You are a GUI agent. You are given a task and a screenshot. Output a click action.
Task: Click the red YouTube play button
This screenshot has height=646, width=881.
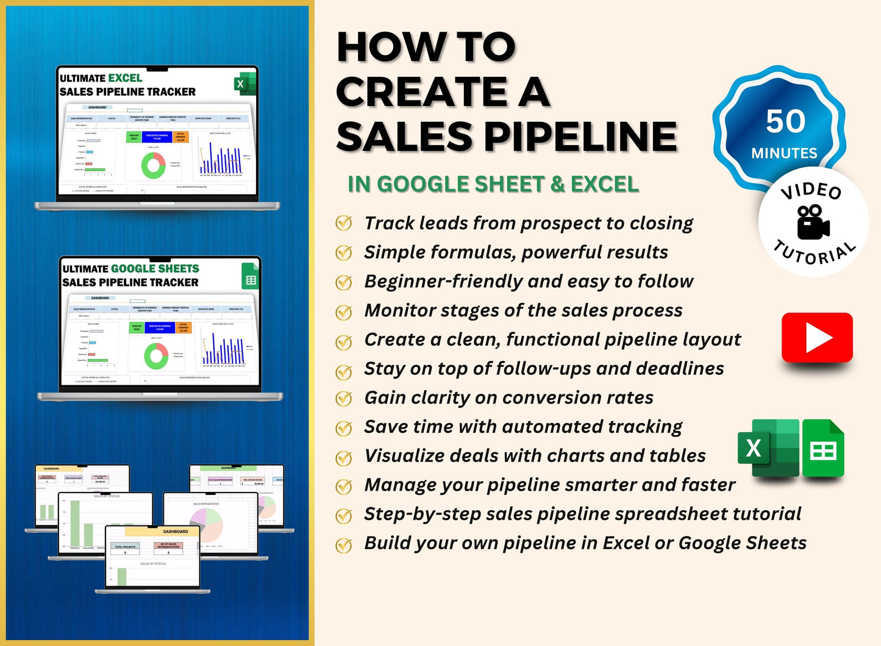click(817, 338)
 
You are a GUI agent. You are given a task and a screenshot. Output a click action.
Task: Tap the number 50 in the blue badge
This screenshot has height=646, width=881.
click(785, 121)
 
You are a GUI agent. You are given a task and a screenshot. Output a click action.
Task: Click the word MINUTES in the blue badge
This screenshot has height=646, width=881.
click(784, 153)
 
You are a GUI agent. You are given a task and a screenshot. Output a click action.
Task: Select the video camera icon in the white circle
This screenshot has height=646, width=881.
click(813, 222)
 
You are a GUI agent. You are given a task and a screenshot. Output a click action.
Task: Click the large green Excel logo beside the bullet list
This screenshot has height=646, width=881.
click(768, 448)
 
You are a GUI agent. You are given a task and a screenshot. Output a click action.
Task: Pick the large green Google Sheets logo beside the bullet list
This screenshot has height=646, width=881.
click(823, 449)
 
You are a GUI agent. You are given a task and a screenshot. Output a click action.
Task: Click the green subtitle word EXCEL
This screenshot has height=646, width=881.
click(605, 184)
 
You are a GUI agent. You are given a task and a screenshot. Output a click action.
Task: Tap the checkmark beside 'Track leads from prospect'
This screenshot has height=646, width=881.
click(344, 223)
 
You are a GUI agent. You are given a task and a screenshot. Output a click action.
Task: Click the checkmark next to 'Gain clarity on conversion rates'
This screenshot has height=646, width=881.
click(344, 398)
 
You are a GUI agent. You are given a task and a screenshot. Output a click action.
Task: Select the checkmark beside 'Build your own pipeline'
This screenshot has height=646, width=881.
click(344, 544)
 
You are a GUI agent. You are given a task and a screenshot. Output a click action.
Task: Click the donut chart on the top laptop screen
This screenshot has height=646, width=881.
click(153, 165)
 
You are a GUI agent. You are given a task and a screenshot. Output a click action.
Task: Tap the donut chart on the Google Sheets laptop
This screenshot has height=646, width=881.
click(156, 356)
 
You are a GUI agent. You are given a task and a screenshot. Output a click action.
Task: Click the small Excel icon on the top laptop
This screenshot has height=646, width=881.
click(244, 84)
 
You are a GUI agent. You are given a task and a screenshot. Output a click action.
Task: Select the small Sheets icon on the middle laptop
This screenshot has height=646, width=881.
click(250, 275)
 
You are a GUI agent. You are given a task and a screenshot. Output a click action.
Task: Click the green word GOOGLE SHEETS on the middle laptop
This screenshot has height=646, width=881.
click(155, 269)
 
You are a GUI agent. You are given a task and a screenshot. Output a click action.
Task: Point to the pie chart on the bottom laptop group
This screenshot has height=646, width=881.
click(207, 524)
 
